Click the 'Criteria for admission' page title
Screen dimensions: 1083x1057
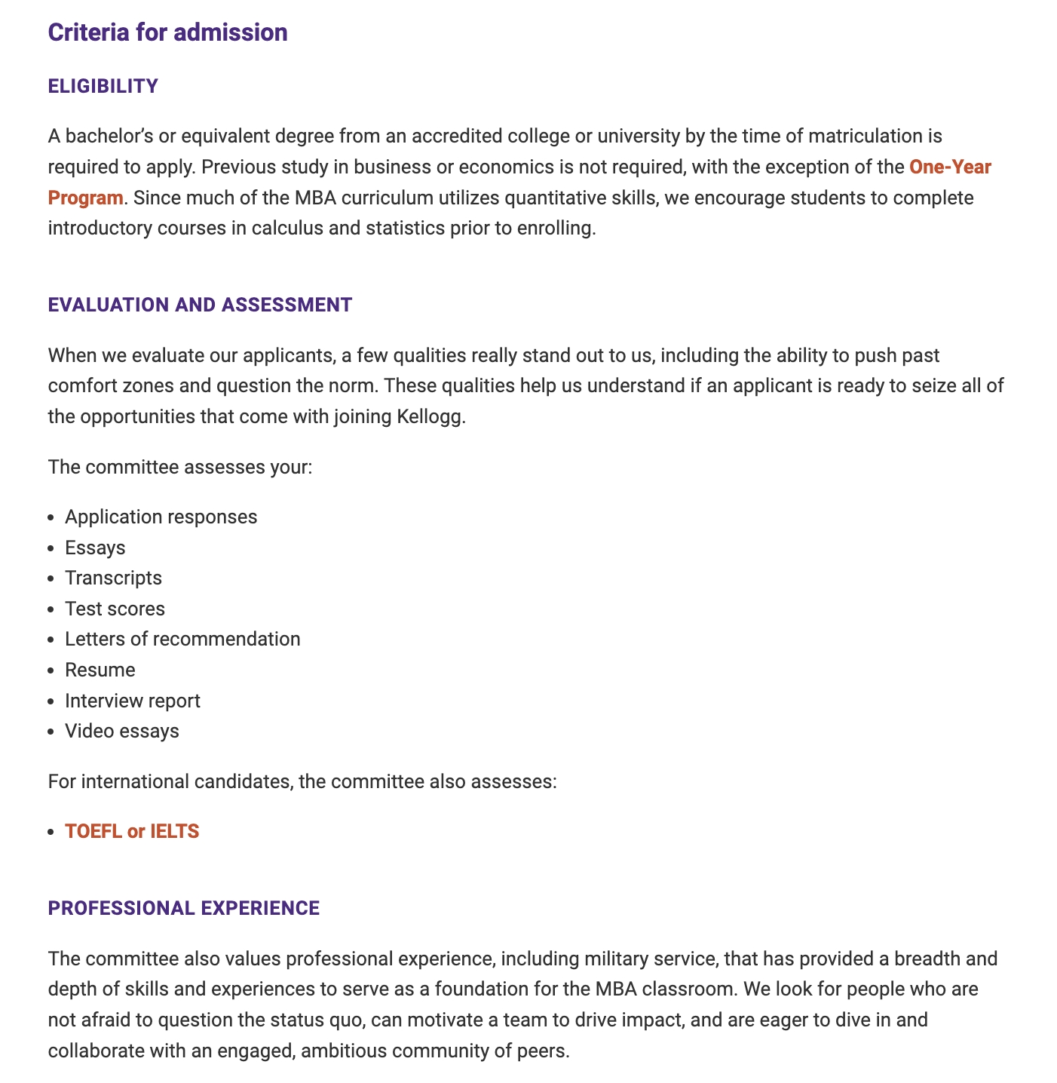pyautogui.click(x=167, y=32)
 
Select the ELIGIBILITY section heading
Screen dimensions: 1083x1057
pyautogui.click(x=103, y=86)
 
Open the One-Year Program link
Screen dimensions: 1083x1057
pyautogui.click(x=949, y=167)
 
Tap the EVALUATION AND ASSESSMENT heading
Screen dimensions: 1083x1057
pyautogui.click(x=200, y=305)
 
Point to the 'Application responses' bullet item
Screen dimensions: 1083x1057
pyautogui.click(x=161, y=517)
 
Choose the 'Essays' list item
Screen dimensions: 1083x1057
pyautogui.click(x=95, y=548)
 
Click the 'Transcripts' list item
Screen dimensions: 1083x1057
pyautogui.click(x=113, y=578)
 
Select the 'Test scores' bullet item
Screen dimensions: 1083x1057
pyautogui.click(x=115, y=609)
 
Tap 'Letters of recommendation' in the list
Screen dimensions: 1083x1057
pyautogui.click(x=182, y=639)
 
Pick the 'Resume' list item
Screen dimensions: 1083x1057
pyautogui.click(x=100, y=670)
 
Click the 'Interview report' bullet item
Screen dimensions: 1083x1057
pyautogui.click(x=133, y=701)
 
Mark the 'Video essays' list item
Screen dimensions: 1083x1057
pyautogui.click(x=122, y=731)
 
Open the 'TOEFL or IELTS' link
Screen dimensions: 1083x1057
pyautogui.click(x=132, y=831)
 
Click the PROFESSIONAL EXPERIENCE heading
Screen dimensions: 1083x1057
pyautogui.click(x=183, y=908)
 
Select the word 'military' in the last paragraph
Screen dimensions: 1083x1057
pyautogui.click(x=616, y=959)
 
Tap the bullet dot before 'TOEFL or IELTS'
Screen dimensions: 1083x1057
pyautogui.click(x=51, y=832)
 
